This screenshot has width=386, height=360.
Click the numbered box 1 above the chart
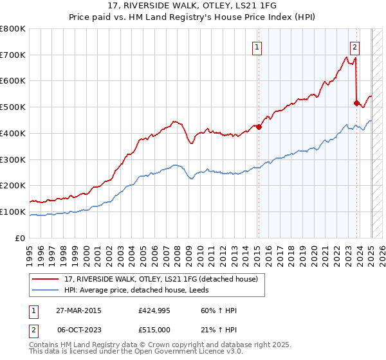click(x=257, y=46)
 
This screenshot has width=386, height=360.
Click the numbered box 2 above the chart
click(x=354, y=46)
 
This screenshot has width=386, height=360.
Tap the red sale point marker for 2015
click(x=259, y=127)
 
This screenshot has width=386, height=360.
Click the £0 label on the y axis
click(x=21, y=238)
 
